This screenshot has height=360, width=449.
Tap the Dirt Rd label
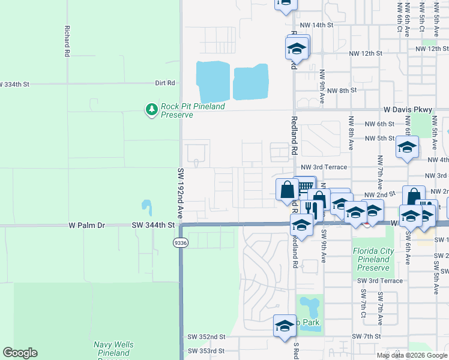164,83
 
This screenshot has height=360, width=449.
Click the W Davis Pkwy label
408,110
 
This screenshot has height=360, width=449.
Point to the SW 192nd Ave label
179,193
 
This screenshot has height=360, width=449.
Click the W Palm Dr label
86,226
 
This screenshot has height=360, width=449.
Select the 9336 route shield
180,243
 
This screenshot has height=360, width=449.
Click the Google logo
20,353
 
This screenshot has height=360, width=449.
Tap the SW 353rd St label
206,351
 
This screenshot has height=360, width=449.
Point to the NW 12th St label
366,53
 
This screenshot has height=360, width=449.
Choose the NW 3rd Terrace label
324,167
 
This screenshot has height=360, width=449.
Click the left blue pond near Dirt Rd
212,80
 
